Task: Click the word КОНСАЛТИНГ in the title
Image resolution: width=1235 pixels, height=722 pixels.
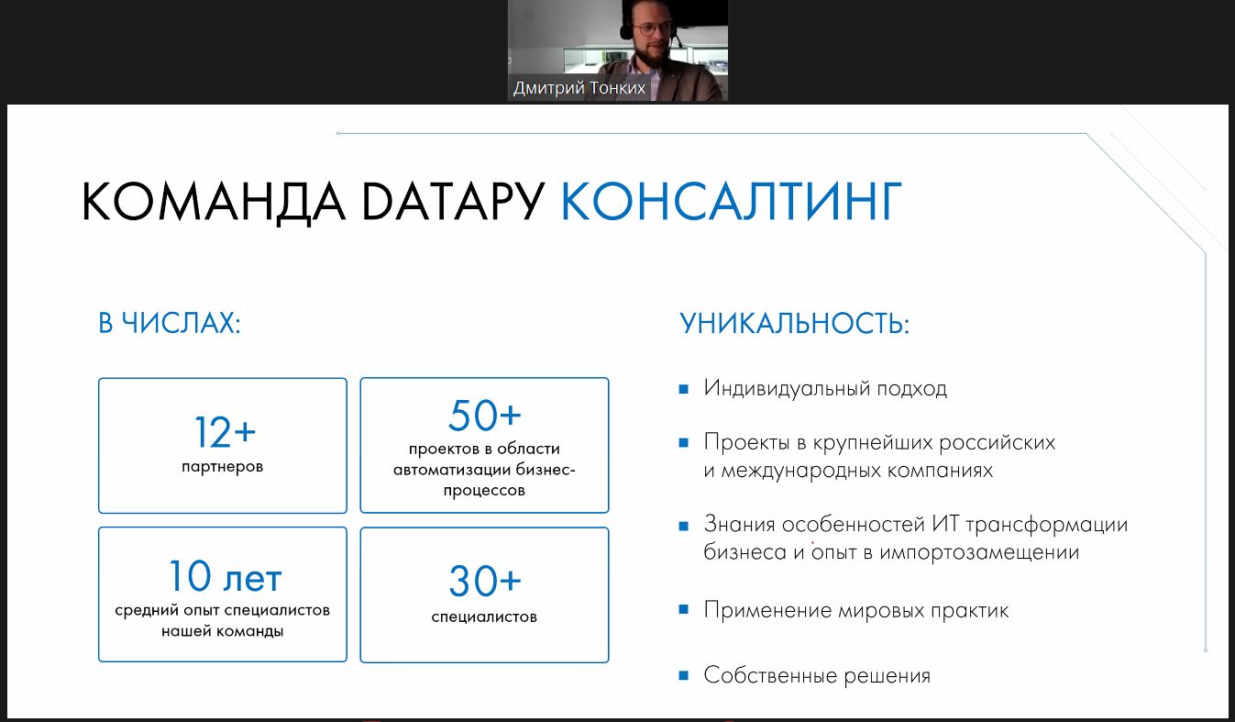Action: coord(732,201)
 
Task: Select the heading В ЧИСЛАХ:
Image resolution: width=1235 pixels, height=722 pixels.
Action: coord(170,323)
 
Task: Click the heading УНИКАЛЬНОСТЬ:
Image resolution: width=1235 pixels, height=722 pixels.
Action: coord(795,323)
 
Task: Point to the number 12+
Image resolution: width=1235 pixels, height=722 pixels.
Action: coord(225,432)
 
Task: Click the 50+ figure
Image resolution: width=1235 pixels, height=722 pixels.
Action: coord(485,416)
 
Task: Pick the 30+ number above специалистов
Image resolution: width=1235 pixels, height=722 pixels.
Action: coord(485,581)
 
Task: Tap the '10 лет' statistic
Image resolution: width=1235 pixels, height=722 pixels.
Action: coord(225,576)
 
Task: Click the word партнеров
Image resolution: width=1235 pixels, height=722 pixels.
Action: coord(223,467)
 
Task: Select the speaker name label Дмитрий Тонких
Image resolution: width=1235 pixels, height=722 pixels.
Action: coord(579,88)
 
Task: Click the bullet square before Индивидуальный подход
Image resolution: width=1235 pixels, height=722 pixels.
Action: coord(684,389)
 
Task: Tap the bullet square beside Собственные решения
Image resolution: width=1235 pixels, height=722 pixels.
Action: coord(684,675)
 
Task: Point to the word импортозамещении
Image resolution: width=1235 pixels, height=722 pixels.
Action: coord(979,552)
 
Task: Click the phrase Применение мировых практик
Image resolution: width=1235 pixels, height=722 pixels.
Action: coord(856,611)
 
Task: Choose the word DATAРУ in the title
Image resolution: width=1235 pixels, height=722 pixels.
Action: coord(453,201)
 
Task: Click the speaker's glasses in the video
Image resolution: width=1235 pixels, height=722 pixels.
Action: coord(652,28)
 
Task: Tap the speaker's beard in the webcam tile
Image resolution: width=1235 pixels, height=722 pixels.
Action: coord(652,55)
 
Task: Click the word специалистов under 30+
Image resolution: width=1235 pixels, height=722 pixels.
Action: coord(484,616)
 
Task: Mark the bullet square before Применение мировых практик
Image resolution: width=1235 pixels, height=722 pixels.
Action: coord(684,610)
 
